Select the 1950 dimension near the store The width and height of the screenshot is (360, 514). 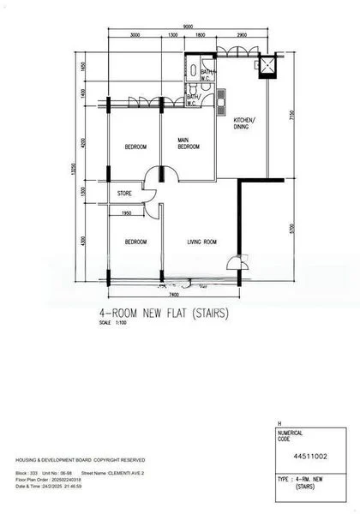tap(127, 212)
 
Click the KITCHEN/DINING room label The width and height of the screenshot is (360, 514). tap(248, 123)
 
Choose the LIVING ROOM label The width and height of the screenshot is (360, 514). tap(202, 242)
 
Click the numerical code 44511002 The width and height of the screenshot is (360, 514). tap(304, 457)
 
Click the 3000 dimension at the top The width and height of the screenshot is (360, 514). tap(135, 36)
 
